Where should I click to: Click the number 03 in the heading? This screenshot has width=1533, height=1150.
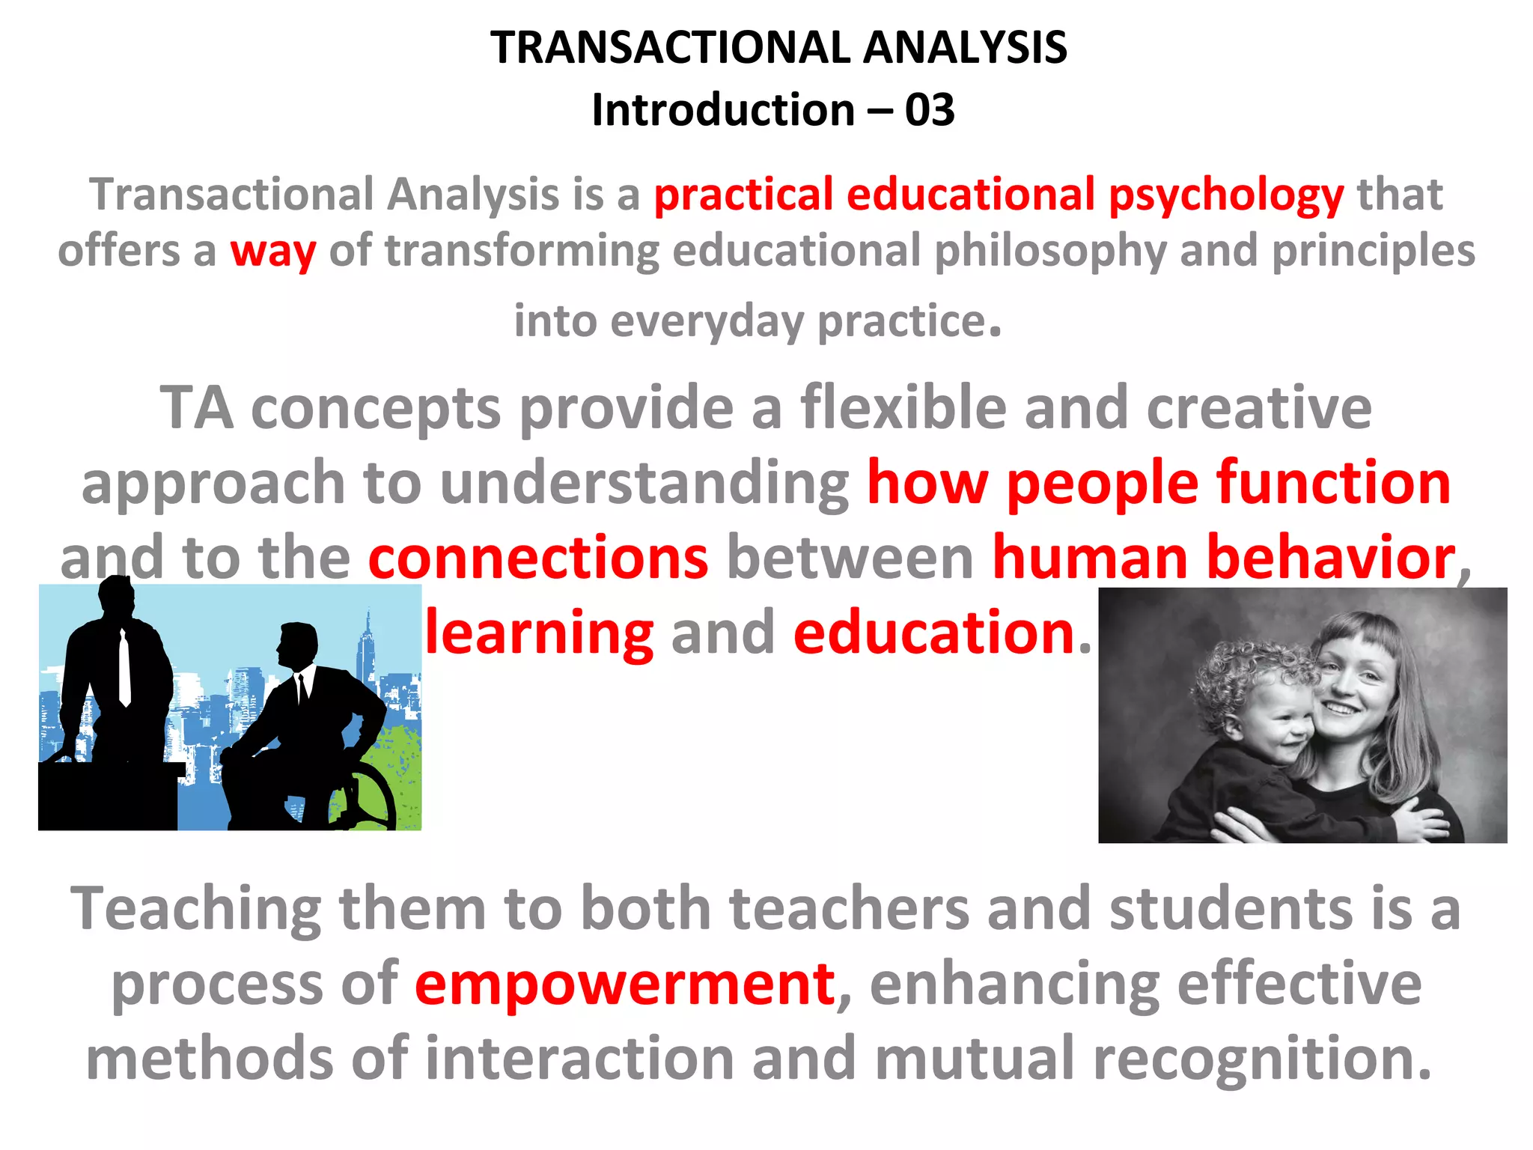929,110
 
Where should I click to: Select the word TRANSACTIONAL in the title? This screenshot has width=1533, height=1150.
670,48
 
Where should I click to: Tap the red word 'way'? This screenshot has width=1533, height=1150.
272,251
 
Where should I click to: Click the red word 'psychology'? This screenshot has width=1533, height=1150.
1226,195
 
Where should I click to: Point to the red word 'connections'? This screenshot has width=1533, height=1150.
537,558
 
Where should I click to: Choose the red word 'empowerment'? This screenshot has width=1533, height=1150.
625,984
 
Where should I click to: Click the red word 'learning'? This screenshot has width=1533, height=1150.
539,633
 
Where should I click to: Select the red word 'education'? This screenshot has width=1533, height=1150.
934,633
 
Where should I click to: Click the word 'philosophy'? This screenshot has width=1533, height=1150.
1049,251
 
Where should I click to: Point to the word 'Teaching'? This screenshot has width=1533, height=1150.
195,908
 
